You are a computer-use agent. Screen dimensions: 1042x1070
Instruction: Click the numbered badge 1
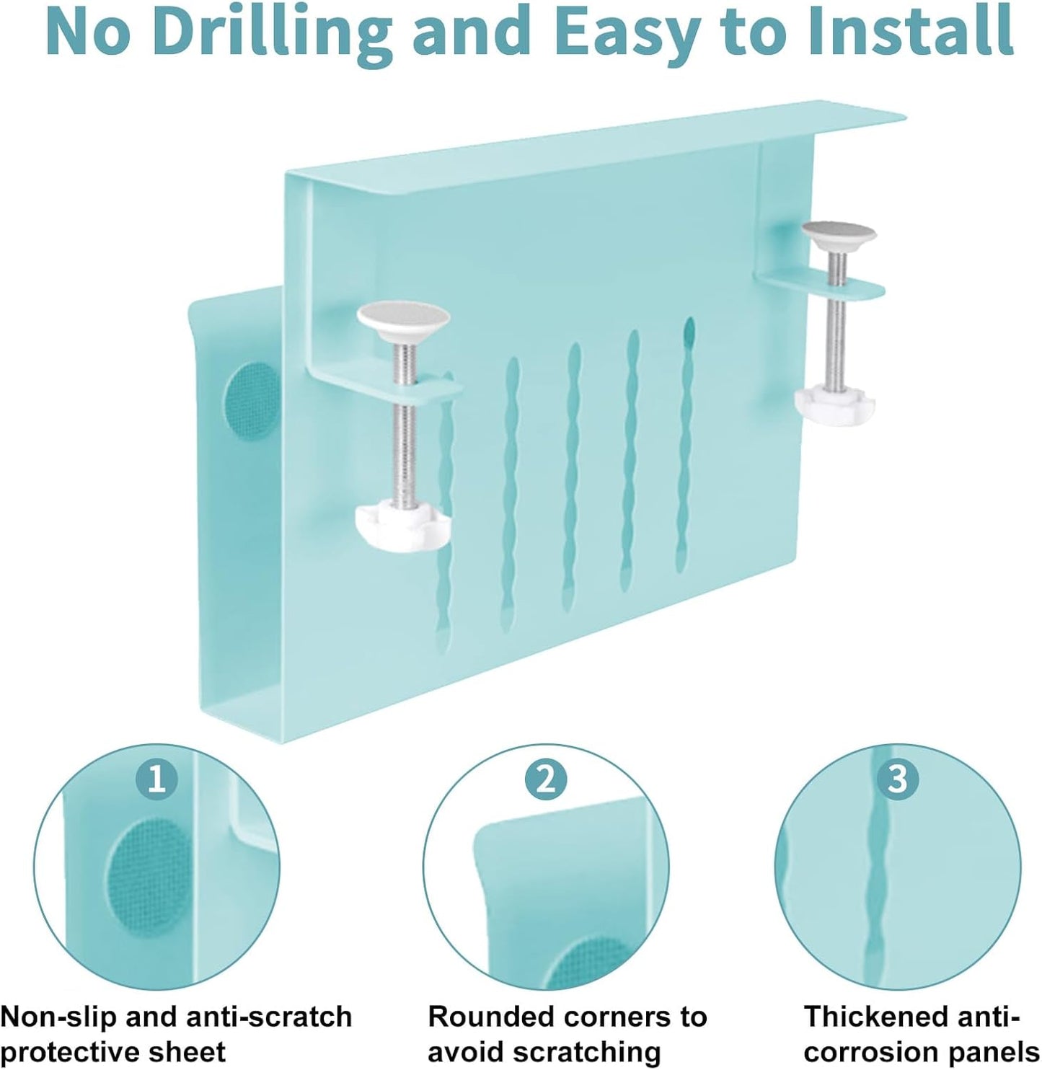tap(157, 779)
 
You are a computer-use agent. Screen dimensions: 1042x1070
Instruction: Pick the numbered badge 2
tap(545, 779)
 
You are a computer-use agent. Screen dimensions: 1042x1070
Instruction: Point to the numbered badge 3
tap(898, 779)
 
